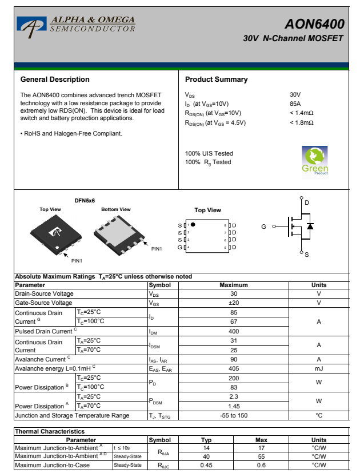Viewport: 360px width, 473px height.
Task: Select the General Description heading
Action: click(x=55, y=80)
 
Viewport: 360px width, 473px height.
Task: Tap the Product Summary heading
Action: click(x=216, y=80)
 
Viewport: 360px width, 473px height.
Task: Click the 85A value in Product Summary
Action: click(x=295, y=104)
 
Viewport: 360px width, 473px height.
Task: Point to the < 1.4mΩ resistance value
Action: click(x=301, y=113)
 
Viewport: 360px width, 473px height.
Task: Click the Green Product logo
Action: click(x=314, y=161)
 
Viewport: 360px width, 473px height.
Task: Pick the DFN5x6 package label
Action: click(x=85, y=201)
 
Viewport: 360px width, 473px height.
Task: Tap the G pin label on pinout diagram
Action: click(x=180, y=247)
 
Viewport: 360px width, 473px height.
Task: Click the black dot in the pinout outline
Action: click(x=193, y=224)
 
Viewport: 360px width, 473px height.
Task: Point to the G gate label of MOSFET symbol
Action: click(x=263, y=227)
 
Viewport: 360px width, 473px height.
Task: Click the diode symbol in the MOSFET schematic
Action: click(x=310, y=226)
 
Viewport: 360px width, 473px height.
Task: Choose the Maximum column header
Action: click(x=234, y=285)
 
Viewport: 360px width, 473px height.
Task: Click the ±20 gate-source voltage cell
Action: click(x=234, y=303)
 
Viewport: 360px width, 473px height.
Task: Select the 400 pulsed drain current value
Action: click(x=234, y=331)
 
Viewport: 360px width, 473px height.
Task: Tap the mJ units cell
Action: click(x=319, y=369)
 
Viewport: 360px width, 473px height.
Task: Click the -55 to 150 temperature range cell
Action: click(x=234, y=415)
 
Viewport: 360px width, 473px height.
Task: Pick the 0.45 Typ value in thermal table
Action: click(x=207, y=465)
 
